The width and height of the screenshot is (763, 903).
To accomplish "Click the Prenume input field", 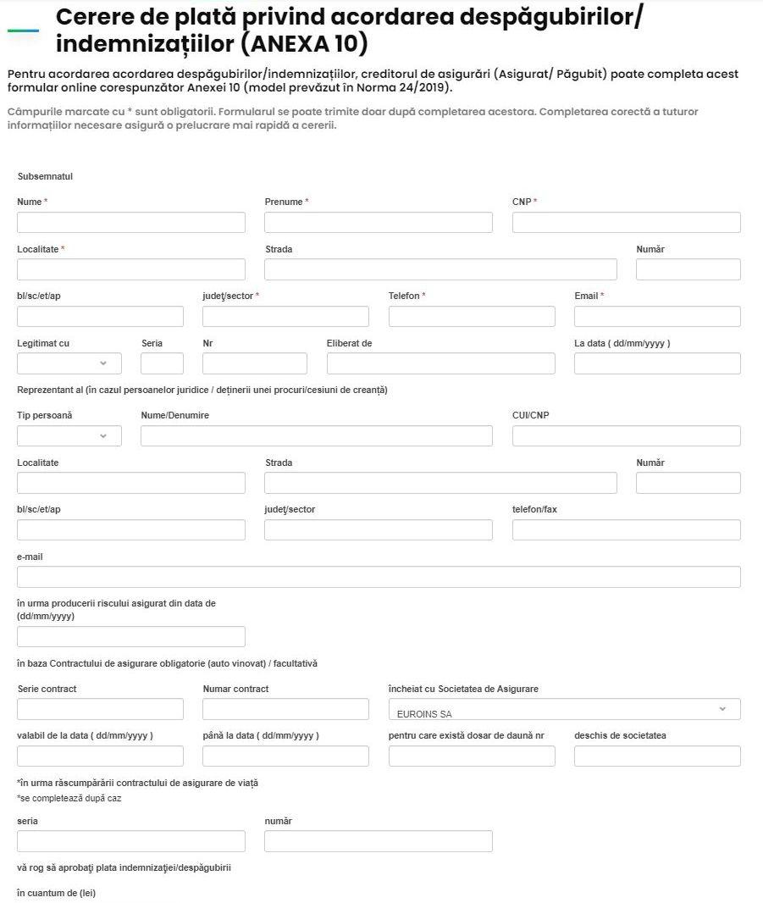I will click(x=378, y=223).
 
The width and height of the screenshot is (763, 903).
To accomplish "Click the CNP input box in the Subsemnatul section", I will click(x=626, y=223).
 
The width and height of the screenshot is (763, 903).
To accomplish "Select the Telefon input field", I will click(x=472, y=317).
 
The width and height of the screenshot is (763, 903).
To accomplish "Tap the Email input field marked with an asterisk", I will click(x=657, y=317).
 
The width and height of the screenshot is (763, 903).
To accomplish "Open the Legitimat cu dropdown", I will click(x=69, y=363).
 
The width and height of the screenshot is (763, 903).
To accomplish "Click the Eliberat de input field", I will click(x=440, y=363).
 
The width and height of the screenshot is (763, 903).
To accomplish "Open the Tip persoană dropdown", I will click(x=69, y=436).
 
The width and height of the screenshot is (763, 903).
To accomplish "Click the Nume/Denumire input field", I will click(x=316, y=436).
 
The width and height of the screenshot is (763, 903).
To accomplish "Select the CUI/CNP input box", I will click(x=626, y=436).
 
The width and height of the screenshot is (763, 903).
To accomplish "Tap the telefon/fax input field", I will click(x=626, y=530).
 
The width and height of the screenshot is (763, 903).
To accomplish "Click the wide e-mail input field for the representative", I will click(x=379, y=578).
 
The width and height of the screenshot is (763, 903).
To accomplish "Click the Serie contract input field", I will click(x=100, y=709).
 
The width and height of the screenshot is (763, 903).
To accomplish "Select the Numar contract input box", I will click(x=285, y=709).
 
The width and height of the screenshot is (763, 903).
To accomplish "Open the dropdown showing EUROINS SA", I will click(x=564, y=710).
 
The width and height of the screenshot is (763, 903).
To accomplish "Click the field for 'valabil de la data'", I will click(x=100, y=756).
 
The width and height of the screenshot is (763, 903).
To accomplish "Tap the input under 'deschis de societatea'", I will click(x=657, y=756).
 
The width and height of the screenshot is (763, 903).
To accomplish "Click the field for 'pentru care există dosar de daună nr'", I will click(x=472, y=756).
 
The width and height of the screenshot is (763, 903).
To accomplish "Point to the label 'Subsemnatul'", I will click(x=45, y=176).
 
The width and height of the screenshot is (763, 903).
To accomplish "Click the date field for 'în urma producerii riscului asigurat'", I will click(x=130, y=637).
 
